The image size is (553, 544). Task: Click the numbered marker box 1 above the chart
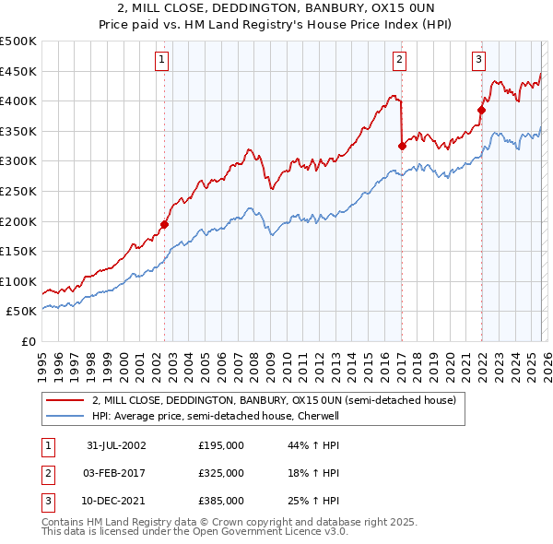pyautogui.click(x=162, y=61)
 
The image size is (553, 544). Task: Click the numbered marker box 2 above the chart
pyautogui.click(x=400, y=61)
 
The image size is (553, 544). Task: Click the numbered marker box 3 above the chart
pyautogui.click(x=479, y=61)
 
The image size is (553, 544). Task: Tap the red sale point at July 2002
pyautogui.click(x=165, y=224)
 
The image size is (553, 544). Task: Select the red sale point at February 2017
pyautogui.click(x=402, y=146)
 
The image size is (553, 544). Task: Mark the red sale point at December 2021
pyautogui.click(x=481, y=110)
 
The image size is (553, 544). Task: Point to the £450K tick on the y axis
pyautogui.click(x=18, y=72)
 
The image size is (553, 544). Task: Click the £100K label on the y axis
pyautogui.click(x=18, y=281)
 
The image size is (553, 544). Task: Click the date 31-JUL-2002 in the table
pyautogui.click(x=116, y=445)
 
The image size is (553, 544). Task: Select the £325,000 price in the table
pyautogui.click(x=221, y=473)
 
